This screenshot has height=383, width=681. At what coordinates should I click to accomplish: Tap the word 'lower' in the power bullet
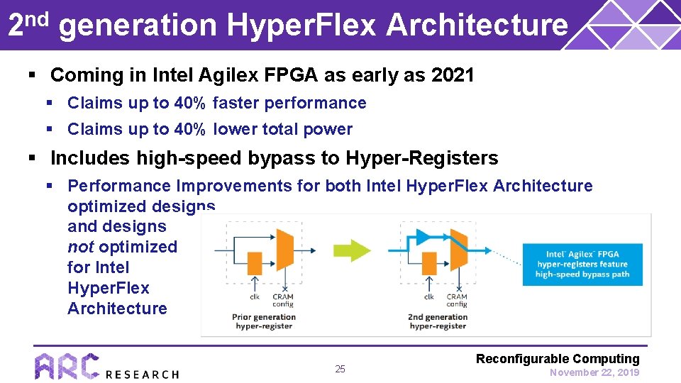pyautogui.click(x=236, y=129)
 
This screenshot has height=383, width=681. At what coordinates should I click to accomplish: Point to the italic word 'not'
pyautogui.click(x=80, y=247)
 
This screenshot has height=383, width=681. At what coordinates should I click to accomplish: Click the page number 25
pyautogui.click(x=340, y=369)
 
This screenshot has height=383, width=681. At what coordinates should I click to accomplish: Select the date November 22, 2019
pyautogui.click(x=594, y=372)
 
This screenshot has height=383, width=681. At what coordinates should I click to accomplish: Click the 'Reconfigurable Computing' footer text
pyautogui.click(x=558, y=359)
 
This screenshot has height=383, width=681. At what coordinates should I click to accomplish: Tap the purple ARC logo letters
pyautogui.click(x=67, y=367)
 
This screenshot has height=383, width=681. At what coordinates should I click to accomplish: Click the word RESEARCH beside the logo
pyautogui.click(x=142, y=374)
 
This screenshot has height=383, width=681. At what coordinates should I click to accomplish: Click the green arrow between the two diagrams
pyautogui.click(x=353, y=250)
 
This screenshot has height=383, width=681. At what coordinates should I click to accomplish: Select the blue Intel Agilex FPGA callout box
pyautogui.click(x=582, y=264)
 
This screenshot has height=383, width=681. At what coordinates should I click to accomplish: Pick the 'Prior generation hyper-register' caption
pyautogui.click(x=264, y=321)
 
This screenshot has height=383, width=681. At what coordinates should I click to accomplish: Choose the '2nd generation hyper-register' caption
pyautogui.click(x=438, y=321)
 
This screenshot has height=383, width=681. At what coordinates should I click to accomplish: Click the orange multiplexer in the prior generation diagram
pyautogui.click(x=284, y=250)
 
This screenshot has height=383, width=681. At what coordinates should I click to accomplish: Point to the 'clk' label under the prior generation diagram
pyautogui.click(x=253, y=297)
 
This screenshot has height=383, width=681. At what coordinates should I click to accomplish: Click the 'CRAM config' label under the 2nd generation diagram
pyautogui.click(x=457, y=300)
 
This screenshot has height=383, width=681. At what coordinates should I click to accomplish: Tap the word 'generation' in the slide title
pyautogui.click(x=138, y=26)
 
